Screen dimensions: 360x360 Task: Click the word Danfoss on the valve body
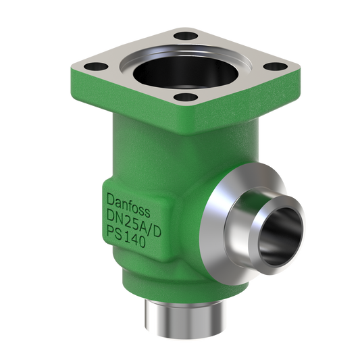(x=130, y=201)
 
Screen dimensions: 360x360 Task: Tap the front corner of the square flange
(x=184, y=111)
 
